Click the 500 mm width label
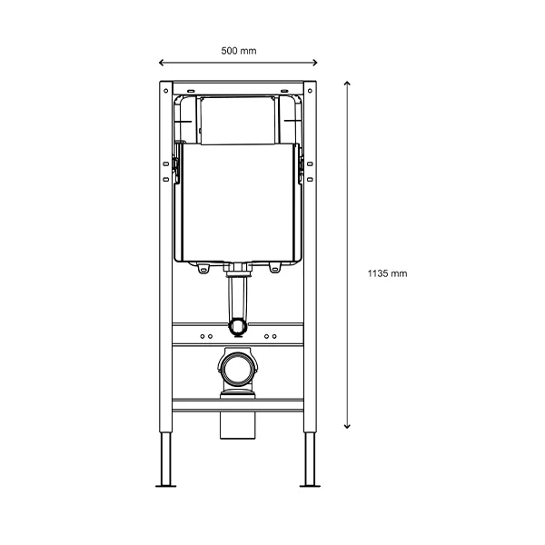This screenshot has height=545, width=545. click(239, 51)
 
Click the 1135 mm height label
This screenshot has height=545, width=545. click(387, 273)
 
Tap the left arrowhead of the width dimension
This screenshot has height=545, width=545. click(161, 63)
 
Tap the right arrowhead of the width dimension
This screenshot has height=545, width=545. click(315, 63)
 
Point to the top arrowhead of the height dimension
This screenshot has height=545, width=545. click(347, 84)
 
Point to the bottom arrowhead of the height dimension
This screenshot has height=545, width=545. click(347, 427)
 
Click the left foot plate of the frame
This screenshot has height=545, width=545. click(166, 486)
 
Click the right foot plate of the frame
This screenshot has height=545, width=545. click(310, 486)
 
